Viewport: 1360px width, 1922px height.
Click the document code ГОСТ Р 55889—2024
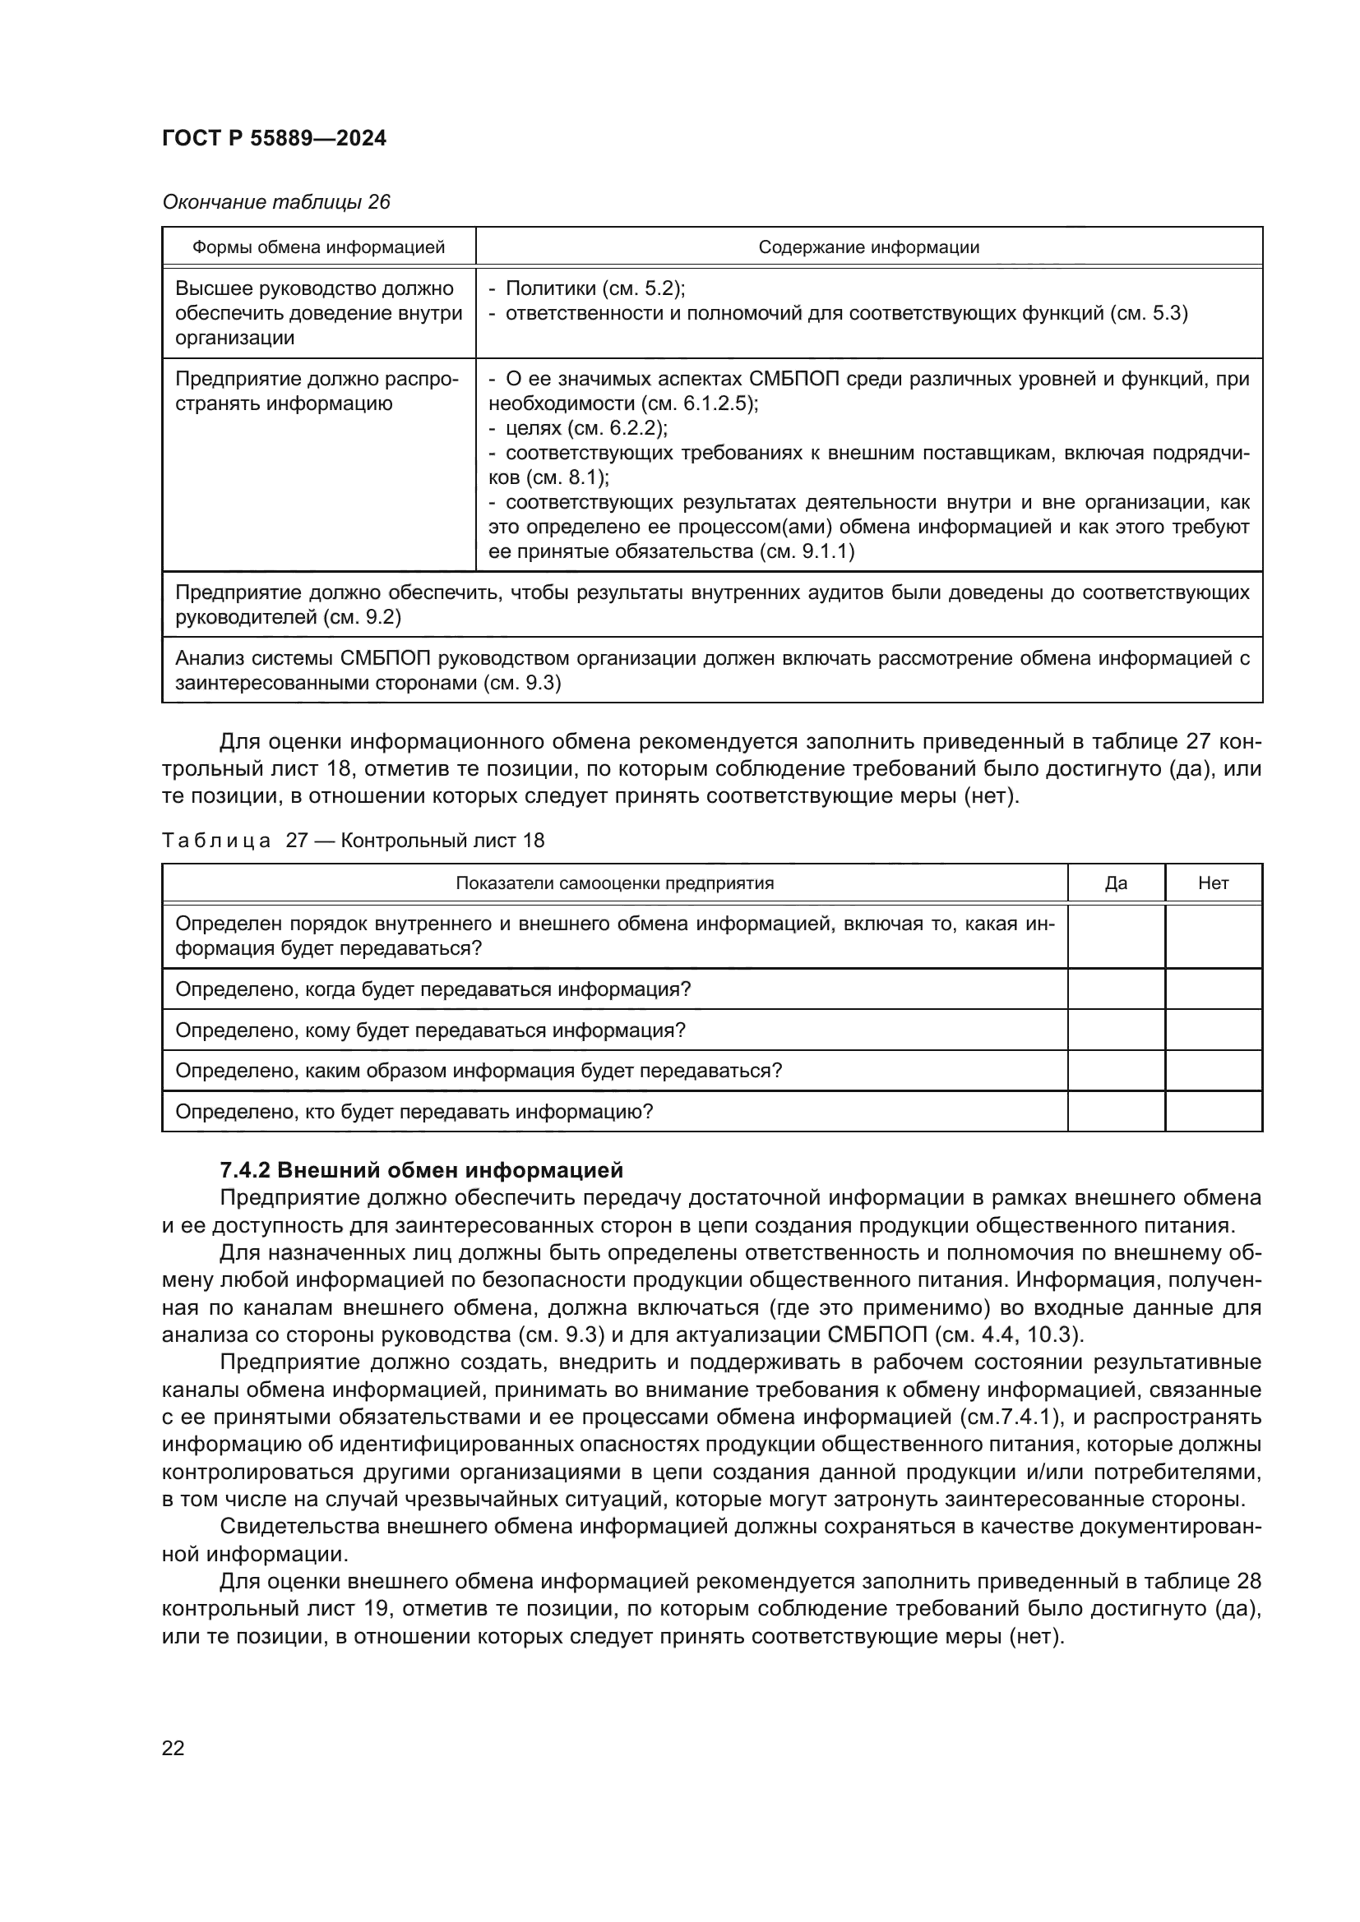pyautogui.click(x=274, y=139)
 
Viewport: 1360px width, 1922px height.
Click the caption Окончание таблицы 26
pyautogui.click(x=275, y=203)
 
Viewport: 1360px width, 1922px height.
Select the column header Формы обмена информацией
pyautogui.click(x=318, y=248)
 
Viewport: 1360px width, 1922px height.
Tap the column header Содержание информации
pyautogui.click(x=868, y=248)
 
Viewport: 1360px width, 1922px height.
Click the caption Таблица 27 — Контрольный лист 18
pyautogui.click(x=353, y=841)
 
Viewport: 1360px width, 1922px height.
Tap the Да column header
pyautogui.click(x=1116, y=884)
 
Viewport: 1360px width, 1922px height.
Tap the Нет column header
pyautogui.click(x=1213, y=884)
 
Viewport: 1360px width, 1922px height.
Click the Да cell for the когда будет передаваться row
pyautogui.click(x=1116, y=989)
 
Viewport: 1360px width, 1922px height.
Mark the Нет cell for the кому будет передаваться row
pyautogui.click(x=1213, y=1030)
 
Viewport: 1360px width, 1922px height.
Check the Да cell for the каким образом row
pyautogui.click(x=1116, y=1071)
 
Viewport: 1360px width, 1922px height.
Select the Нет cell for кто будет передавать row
pyautogui.click(x=1213, y=1112)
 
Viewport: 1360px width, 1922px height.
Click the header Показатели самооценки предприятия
pyautogui.click(x=614, y=884)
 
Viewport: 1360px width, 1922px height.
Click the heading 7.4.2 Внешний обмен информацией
pyautogui.click(x=421, y=1169)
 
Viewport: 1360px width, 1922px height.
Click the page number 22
pyautogui.click(x=173, y=1749)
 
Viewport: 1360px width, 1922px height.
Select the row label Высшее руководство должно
pyautogui.click(x=314, y=288)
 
